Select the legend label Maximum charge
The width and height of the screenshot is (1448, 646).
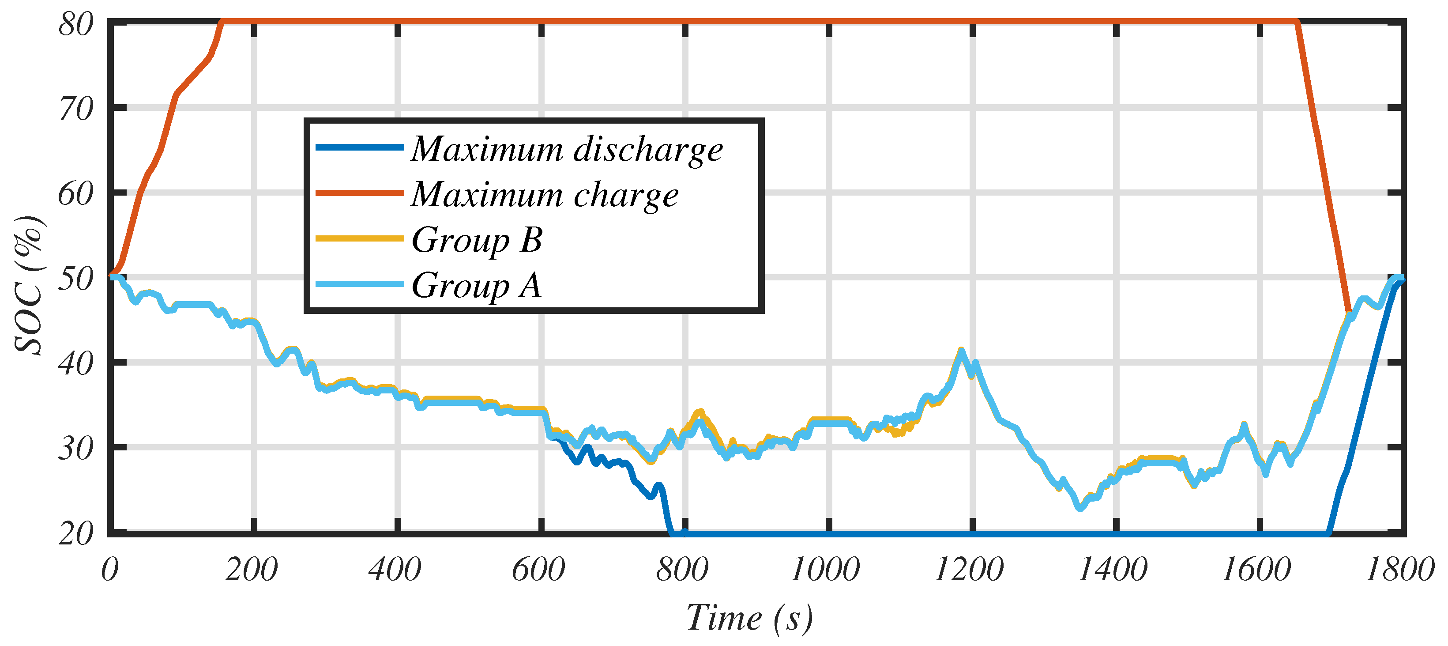pyautogui.click(x=544, y=195)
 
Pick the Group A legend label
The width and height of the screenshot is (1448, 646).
pyautogui.click(x=476, y=285)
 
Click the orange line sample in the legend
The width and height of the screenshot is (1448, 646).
pyautogui.click(x=360, y=193)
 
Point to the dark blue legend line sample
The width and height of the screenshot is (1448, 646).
pyautogui.click(x=360, y=147)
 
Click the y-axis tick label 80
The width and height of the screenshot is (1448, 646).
pyautogui.click(x=76, y=25)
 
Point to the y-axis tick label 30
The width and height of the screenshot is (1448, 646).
pyautogui.click(x=76, y=449)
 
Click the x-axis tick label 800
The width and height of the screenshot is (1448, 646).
pyautogui.click(x=682, y=570)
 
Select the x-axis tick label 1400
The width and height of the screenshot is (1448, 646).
pyautogui.click(x=1113, y=570)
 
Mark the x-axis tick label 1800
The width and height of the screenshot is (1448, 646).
pyautogui.click(x=1399, y=570)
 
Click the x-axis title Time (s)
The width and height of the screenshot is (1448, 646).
pyautogui.click(x=749, y=619)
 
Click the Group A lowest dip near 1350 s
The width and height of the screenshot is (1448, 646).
pyautogui.click(x=1080, y=508)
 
